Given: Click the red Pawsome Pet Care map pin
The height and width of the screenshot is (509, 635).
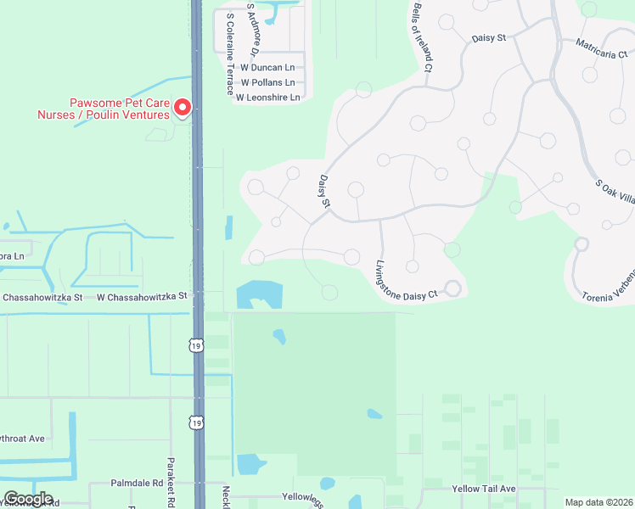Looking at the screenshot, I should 183,108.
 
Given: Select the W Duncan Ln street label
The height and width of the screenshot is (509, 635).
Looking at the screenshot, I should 267,67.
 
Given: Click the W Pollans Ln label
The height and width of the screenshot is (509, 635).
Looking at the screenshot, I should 267,83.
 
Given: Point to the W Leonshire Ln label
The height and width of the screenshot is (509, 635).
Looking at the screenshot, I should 267,98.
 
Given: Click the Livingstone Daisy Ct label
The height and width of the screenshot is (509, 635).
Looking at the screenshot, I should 405,280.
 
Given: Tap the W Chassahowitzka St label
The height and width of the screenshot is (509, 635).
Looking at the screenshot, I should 140,297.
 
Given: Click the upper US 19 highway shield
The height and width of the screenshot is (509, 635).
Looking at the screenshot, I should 197,345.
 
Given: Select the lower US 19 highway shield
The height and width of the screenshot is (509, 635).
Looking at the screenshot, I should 197,422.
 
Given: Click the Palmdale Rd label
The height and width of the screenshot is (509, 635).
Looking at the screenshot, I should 137,483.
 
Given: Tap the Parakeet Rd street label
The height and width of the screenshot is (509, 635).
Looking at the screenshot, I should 171,484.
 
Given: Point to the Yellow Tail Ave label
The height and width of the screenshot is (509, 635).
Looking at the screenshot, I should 484,489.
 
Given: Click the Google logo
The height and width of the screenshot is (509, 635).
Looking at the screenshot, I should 28,499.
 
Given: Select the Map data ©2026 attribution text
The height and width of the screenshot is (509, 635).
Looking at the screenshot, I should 598,502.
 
